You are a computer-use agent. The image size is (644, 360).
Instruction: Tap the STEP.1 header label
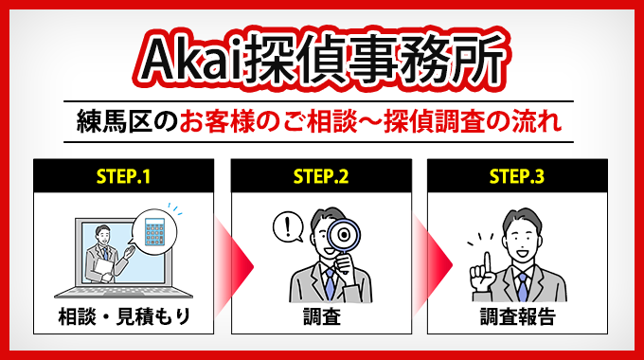click(122, 175)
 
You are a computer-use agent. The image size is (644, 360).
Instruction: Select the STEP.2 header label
click(320, 175)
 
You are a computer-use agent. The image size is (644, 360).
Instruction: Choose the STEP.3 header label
click(516, 175)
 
